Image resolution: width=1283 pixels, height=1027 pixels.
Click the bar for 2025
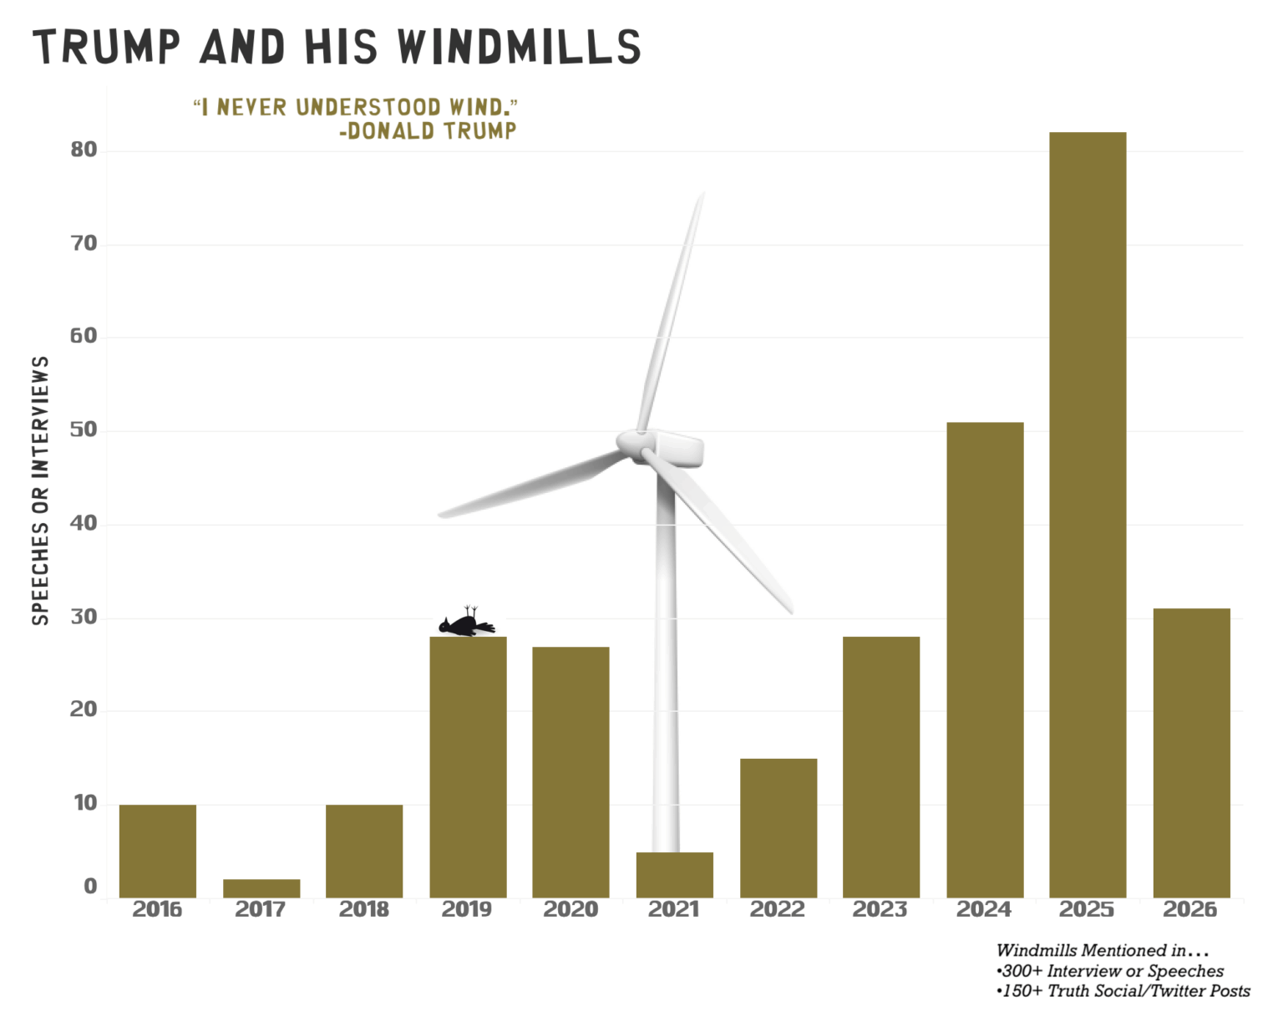[x=1088, y=515]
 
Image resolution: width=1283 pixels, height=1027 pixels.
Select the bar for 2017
[x=261, y=888]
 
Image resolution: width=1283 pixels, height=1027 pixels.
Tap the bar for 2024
[x=985, y=660]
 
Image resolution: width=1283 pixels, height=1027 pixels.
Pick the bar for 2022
[x=778, y=828]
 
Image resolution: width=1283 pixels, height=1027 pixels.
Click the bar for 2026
[x=1191, y=753]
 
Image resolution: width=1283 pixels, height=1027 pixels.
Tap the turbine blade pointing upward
[x=673, y=309]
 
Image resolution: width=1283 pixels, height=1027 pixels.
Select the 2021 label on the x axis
[x=674, y=910]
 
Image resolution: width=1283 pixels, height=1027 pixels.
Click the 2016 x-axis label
[x=157, y=910]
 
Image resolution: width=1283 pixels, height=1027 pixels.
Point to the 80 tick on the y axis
[x=84, y=150]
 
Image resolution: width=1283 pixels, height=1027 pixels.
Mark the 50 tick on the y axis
[x=84, y=430]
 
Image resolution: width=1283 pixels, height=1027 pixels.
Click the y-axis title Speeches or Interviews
[x=40, y=491]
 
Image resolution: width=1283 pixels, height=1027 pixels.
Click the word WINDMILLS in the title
[x=519, y=47]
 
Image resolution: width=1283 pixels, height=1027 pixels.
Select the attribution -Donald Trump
[x=428, y=131]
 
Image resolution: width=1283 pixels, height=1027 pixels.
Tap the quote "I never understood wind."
[x=355, y=107]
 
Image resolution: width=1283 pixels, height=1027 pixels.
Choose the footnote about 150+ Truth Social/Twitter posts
[x=1123, y=991]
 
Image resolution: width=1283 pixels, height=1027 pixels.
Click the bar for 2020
[x=571, y=772]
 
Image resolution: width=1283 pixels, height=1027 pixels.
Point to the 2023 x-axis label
[x=880, y=910]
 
